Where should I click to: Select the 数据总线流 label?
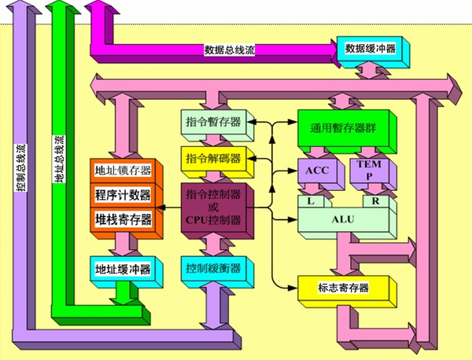(x=230, y=50)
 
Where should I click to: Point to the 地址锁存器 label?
(x=123, y=171)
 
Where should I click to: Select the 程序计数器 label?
(x=123, y=195)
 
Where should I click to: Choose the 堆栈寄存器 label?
(x=123, y=219)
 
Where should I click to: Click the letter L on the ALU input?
(x=311, y=201)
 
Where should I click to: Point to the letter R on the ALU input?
(x=375, y=201)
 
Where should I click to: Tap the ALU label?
(x=343, y=219)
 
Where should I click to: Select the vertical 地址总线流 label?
(x=59, y=159)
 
